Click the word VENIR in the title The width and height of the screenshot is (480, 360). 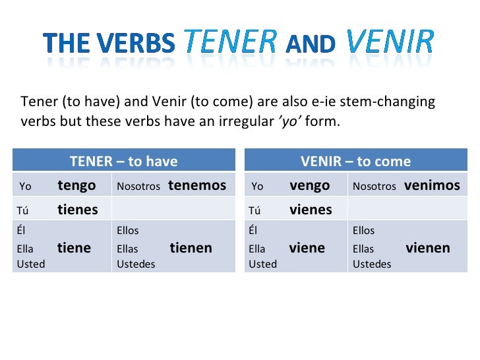(x=390, y=42)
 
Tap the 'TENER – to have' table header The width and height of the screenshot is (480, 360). (x=124, y=161)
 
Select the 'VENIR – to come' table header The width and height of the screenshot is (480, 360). (x=355, y=161)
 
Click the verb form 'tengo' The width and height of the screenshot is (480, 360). (x=76, y=185)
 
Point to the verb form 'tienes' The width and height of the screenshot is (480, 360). (x=78, y=210)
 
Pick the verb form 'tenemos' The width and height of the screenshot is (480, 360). (x=197, y=185)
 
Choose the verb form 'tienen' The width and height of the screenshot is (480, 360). (x=191, y=248)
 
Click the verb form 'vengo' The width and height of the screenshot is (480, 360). (x=309, y=185)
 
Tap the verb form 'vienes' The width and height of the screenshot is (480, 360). (x=311, y=210)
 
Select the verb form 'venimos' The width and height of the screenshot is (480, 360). (x=432, y=185)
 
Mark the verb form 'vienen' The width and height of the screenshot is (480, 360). (x=428, y=248)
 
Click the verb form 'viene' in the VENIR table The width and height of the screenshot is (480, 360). (x=307, y=248)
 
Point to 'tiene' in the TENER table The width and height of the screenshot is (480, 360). (x=74, y=248)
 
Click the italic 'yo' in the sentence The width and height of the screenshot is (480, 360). (x=288, y=123)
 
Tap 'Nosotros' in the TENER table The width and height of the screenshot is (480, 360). (x=138, y=187)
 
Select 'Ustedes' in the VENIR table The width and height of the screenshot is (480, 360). (x=372, y=264)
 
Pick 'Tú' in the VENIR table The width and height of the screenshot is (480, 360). (x=255, y=211)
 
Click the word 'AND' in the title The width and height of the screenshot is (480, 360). (x=311, y=44)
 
